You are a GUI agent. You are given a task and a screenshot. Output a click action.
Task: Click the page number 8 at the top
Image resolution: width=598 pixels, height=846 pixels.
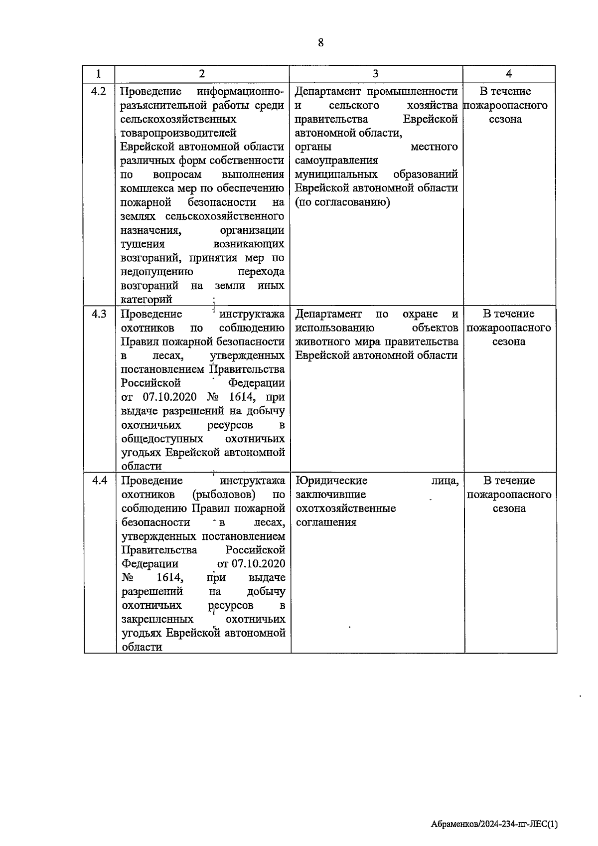(320, 43)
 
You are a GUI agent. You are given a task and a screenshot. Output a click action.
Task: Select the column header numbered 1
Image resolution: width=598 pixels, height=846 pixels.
(99, 74)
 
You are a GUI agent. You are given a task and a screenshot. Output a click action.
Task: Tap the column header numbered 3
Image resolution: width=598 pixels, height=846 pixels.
(375, 74)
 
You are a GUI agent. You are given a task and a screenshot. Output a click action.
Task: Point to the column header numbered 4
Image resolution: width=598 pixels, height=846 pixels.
(509, 74)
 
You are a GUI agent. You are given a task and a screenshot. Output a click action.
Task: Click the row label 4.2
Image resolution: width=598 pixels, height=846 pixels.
(99, 92)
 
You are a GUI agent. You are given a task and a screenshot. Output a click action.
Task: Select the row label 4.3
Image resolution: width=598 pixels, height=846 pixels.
(99, 314)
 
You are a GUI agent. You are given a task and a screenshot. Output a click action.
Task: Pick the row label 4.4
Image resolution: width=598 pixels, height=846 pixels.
(99, 481)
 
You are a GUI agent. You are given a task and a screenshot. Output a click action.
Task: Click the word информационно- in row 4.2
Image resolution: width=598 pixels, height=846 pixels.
(240, 92)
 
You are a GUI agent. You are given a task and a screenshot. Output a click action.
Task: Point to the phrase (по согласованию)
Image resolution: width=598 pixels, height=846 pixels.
(342, 202)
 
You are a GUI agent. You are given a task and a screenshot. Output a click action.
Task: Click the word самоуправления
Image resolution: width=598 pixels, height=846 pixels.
(336, 161)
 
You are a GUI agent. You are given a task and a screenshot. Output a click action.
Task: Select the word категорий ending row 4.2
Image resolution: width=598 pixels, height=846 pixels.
(147, 300)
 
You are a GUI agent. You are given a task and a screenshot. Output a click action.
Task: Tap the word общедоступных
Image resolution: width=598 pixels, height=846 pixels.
(162, 439)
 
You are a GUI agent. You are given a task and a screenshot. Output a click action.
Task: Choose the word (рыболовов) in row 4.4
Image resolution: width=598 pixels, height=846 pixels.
(224, 495)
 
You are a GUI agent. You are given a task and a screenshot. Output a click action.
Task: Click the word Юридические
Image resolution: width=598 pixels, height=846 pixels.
(331, 481)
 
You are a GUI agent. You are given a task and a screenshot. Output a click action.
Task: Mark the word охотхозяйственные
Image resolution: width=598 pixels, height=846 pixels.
(346, 508)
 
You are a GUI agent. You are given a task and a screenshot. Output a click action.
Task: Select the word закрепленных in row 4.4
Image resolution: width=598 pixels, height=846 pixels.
(157, 619)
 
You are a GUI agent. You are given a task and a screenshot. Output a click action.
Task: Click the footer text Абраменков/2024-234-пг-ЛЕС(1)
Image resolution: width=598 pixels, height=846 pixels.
(494, 824)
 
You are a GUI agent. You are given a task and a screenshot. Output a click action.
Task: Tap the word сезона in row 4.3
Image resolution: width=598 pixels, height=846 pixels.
(509, 342)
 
